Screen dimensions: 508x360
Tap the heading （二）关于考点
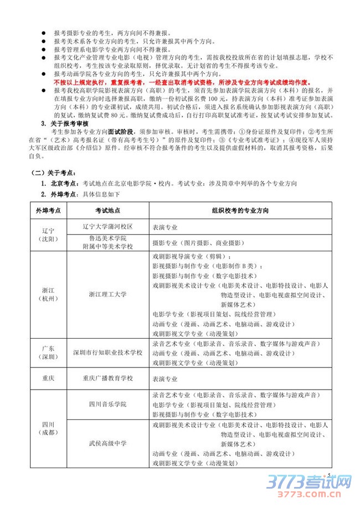click(x=55, y=173)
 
